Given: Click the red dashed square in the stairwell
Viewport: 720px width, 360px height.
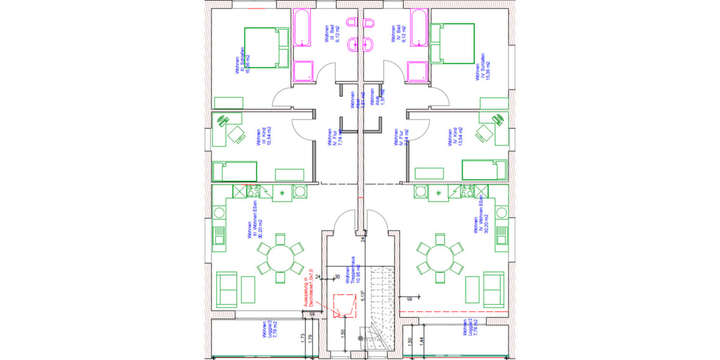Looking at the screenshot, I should click(344, 305).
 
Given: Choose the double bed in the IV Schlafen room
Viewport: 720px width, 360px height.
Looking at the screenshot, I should click(452, 43).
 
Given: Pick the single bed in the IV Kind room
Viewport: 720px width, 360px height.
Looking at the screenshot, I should click(485, 170).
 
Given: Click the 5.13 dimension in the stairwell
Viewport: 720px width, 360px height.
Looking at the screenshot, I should click(363, 295).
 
